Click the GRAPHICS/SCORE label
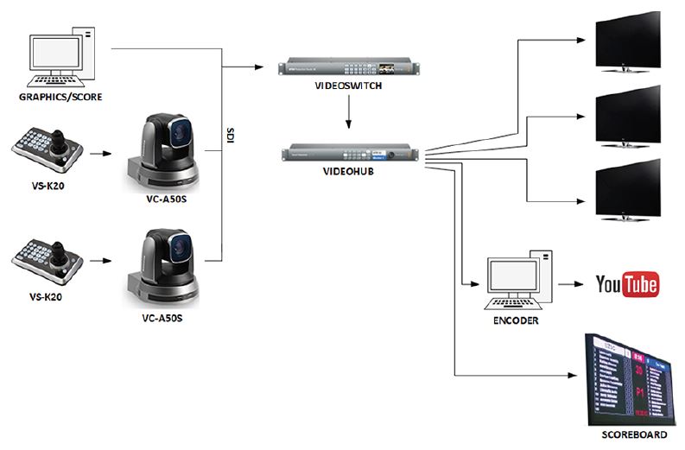60,97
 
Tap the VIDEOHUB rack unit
349,155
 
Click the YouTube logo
627,284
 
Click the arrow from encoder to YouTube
573,284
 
